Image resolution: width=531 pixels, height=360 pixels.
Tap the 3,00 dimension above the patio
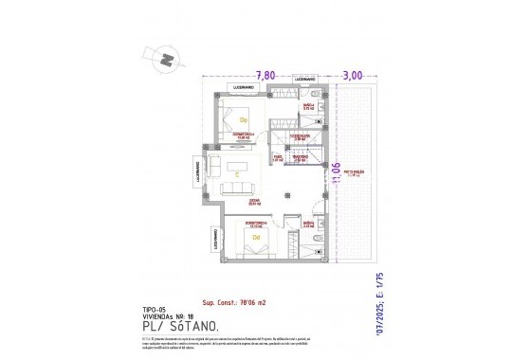coord(352,74)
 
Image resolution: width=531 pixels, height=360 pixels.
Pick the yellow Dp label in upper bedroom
coord(243,120)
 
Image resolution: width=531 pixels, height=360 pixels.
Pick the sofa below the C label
coord(237,189)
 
